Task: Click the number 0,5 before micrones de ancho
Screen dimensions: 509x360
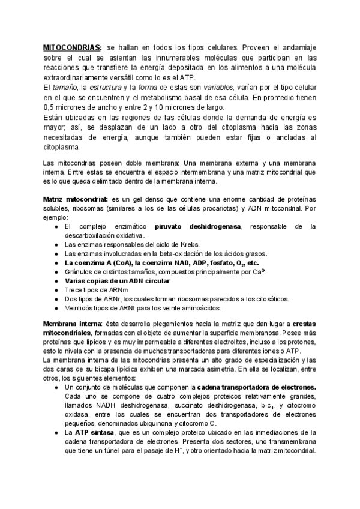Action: (50, 107)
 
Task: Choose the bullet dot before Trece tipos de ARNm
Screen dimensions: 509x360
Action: (56, 290)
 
